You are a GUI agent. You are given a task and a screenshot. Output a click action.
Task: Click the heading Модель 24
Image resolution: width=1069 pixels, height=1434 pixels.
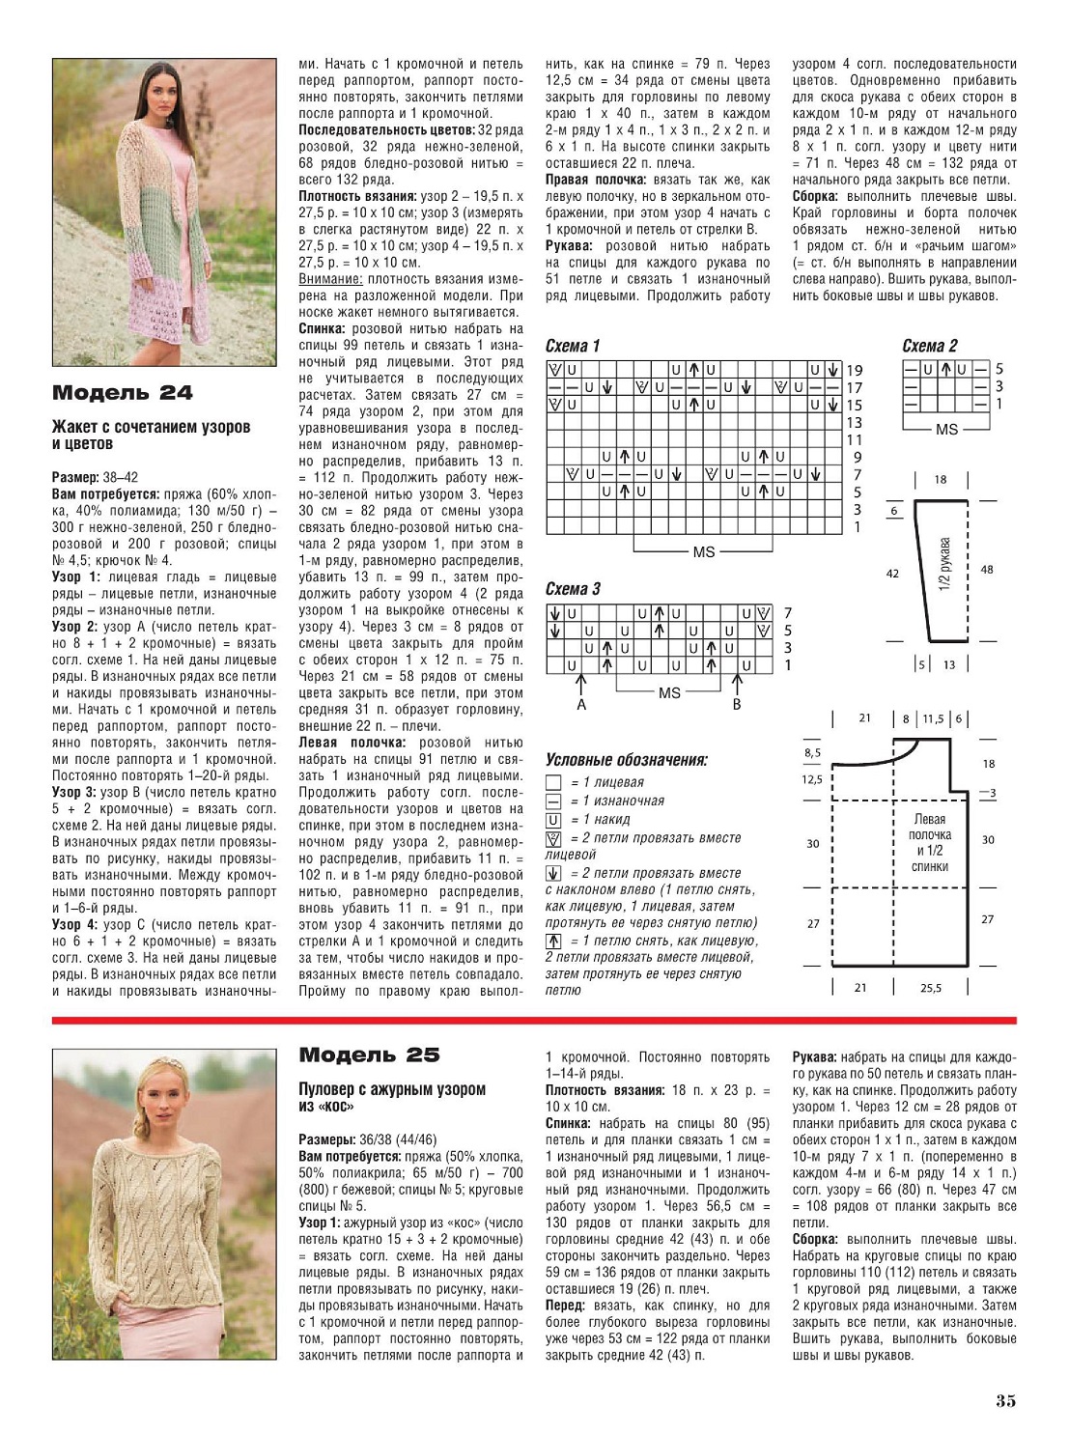coord(122,393)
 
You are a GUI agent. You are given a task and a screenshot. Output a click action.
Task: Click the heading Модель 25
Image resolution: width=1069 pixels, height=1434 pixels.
coord(369,1054)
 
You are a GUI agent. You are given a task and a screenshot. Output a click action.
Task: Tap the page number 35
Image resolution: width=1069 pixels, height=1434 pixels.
coord(1004,1401)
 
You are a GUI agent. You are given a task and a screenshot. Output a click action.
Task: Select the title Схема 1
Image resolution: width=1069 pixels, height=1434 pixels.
coord(573,346)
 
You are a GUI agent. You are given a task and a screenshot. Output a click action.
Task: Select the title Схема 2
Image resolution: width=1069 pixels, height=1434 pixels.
coord(930,346)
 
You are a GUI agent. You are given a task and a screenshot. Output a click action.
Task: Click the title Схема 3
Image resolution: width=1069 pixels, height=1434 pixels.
coord(573,589)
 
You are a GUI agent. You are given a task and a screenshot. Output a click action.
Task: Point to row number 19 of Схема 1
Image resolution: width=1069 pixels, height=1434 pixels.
coord(854,370)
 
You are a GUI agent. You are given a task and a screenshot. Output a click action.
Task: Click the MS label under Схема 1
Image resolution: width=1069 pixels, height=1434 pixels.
coord(703,551)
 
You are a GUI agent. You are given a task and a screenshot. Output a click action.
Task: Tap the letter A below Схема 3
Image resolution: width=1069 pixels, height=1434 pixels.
coord(581,705)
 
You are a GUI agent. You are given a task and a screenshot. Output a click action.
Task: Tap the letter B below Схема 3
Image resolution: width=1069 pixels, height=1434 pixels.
coord(737,705)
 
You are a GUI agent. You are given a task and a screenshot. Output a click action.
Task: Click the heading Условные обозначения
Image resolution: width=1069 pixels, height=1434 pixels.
coord(626,760)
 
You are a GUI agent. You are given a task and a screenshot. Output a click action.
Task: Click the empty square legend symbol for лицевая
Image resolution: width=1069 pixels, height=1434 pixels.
coord(553,783)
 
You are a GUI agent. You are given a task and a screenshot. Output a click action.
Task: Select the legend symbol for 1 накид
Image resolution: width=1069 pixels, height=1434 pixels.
coord(553,820)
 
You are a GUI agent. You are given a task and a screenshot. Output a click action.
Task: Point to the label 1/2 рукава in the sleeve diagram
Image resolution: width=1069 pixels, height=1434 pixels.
coord(944,564)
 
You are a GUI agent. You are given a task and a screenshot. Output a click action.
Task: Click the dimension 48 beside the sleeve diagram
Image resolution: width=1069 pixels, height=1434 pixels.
coord(986,570)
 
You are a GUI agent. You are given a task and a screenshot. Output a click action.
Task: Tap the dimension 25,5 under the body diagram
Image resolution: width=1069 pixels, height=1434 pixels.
coord(931,988)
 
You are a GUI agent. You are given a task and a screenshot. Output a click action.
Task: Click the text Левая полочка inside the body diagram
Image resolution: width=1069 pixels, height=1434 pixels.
coord(929,827)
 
